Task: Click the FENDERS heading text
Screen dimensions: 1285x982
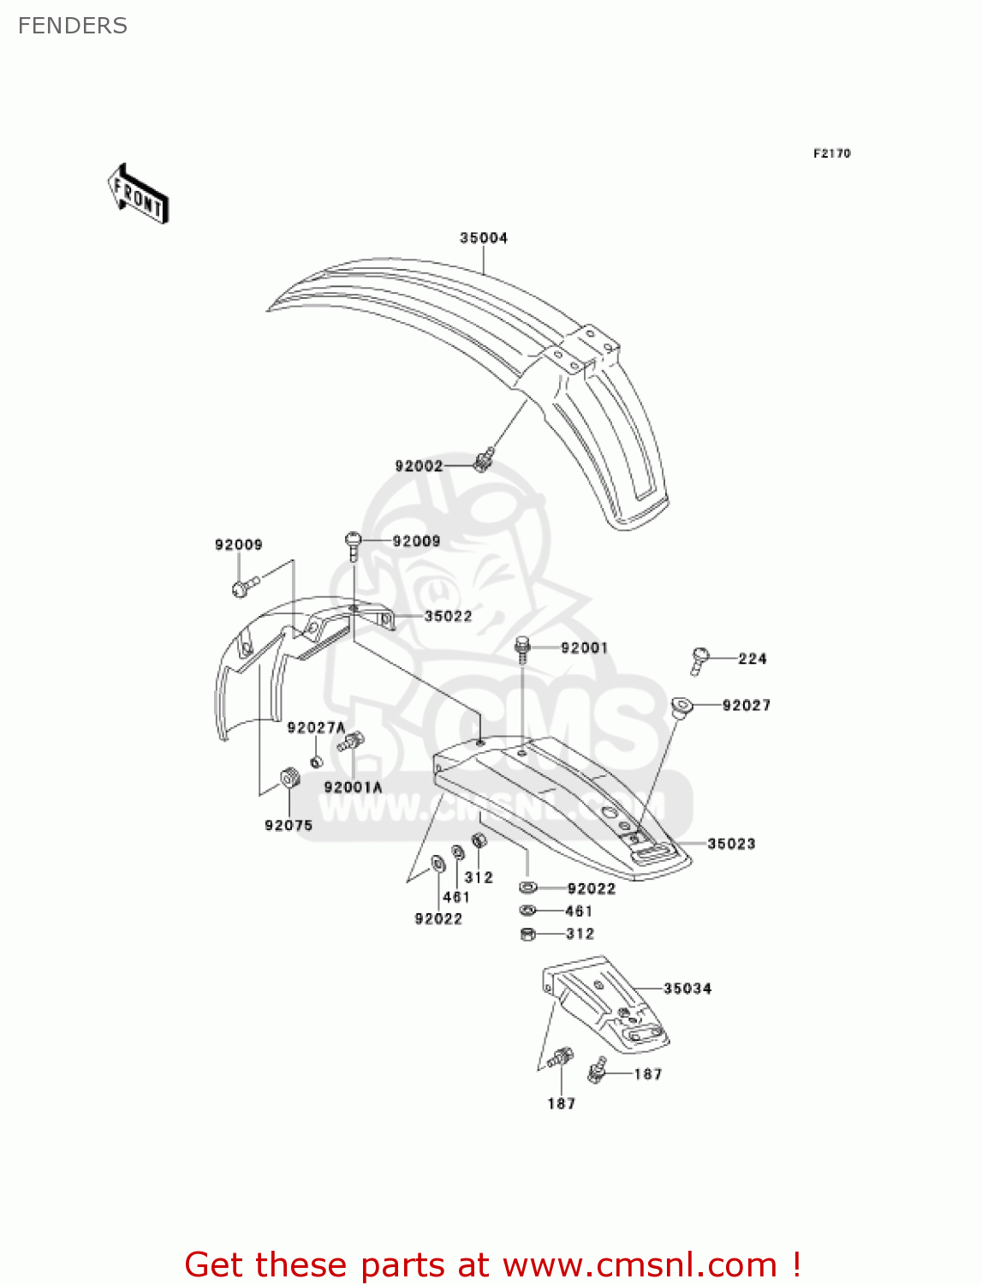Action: point(73,26)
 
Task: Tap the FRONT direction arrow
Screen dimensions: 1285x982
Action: point(138,194)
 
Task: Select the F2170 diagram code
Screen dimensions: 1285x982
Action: point(831,153)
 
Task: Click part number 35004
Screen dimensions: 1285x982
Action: point(484,238)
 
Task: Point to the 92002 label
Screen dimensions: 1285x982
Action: point(419,466)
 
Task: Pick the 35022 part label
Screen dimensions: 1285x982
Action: point(448,616)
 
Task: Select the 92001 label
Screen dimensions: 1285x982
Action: point(584,648)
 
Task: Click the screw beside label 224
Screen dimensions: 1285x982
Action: point(699,660)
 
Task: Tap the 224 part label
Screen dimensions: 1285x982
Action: point(753,659)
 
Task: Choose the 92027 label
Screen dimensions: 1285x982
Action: point(746,705)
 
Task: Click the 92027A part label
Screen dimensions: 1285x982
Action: point(316,727)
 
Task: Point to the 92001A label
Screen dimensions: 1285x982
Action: point(353,787)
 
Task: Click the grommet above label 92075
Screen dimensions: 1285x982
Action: point(290,780)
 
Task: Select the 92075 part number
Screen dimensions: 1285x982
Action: point(289,825)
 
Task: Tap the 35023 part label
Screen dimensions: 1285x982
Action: point(731,844)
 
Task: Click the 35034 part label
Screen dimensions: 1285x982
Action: point(687,989)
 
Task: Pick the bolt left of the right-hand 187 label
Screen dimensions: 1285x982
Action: point(598,1070)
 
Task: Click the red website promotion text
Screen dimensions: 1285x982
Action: point(492,1264)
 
